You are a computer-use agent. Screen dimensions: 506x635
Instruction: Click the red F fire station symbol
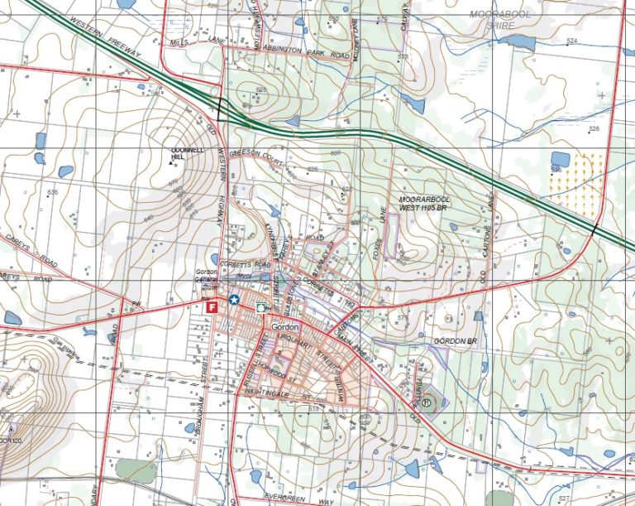pyautogui.click(x=212, y=306)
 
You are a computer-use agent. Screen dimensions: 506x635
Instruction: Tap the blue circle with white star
pyautogui.click(x=235, y=300)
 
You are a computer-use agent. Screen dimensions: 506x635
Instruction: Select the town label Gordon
pyautogui.click(x=284, y=326)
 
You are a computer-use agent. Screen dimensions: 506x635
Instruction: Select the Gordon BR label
pyautogui.click(x=456, y=341)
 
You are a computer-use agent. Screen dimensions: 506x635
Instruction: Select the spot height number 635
pyautogui.click(x=53, y=192)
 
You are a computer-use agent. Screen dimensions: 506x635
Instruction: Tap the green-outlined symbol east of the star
pyautogui.click(x=261, y=306)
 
